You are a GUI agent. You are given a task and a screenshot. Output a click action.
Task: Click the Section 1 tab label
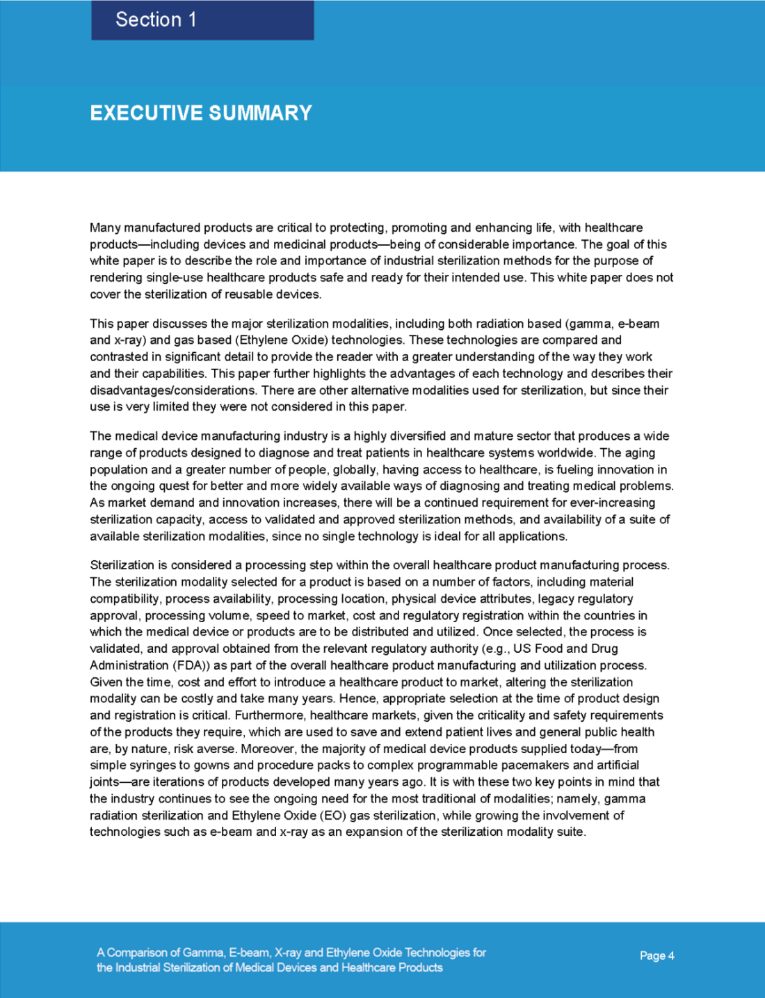[156, 19]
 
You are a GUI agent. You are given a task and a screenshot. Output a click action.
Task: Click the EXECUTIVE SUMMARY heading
[201, 113]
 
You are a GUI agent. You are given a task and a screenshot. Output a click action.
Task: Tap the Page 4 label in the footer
[657, 956]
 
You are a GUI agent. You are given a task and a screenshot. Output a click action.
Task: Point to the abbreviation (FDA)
[191, 665]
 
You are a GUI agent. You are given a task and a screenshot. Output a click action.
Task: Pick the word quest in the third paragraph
[178, 486]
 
